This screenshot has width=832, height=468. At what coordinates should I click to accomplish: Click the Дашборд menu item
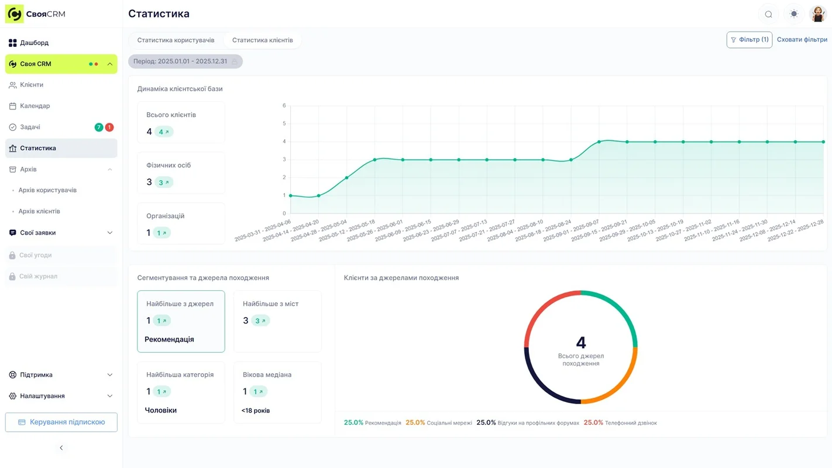[x=34, y=43]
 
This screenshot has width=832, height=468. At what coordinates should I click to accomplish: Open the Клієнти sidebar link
[x=32, y=85]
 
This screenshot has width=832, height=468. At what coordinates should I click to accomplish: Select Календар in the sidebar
[x=35, y=106]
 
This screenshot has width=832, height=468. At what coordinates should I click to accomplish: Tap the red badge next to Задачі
[x=109, y=127]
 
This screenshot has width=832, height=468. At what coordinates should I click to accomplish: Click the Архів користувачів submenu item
[x=47, y=190]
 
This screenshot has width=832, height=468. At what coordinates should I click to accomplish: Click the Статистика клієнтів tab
[x=262, y=40]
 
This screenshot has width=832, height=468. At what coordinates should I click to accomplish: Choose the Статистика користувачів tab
[x=176, y=40]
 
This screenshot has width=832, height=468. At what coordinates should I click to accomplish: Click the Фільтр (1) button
[x=749, y=40]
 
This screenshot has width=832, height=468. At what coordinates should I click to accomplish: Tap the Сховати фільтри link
[x=802, y=40]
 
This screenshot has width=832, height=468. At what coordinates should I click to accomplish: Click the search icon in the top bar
[x=768, y=14]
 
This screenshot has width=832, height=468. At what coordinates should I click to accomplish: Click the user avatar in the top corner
[x=817, y=14]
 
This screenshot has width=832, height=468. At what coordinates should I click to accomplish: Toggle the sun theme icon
[x=793, y=14]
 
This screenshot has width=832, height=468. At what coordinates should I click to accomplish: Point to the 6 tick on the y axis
[x=284, y=106]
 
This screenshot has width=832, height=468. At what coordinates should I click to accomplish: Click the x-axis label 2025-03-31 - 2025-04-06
[x=263, y=230]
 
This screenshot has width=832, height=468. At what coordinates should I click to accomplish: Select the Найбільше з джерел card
[x=181, y=321]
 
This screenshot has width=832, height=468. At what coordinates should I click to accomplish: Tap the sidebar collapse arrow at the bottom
[x=61, y=448]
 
